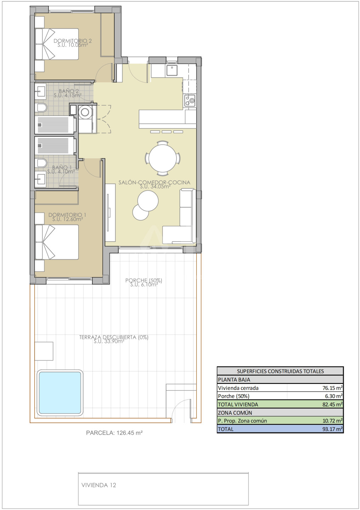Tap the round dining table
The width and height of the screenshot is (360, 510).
(x=163, y=158)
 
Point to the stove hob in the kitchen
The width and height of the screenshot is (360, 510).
(x=190, y=101)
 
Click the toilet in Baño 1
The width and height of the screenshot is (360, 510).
(x=41, y=163)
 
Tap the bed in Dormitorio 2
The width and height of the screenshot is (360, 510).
(x=57, y=44)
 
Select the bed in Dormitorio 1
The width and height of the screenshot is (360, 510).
(x=57, y=242)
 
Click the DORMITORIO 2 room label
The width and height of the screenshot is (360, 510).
(x=73, y=41)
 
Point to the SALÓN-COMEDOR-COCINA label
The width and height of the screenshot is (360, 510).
(x=154, y=182)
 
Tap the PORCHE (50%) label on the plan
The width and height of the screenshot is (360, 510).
(x=144, y=280)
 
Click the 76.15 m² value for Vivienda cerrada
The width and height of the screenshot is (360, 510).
(x=332, y=388)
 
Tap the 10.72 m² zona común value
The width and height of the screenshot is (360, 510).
(x=332, y=421)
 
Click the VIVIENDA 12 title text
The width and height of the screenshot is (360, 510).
(x=99, y=485)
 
